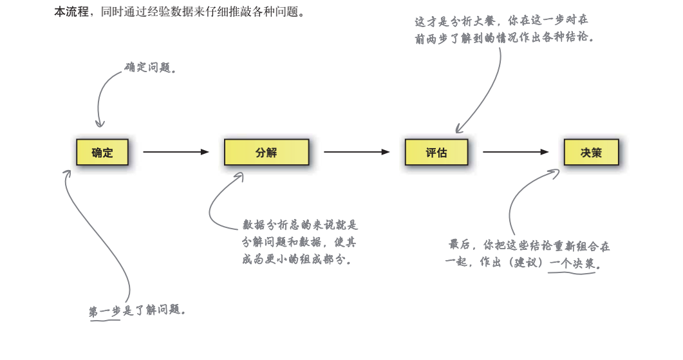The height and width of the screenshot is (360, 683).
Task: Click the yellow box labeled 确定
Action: point(102,153)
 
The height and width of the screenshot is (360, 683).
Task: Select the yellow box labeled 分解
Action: point(266,153)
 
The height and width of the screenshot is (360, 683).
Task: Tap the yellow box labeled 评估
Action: point(436,153)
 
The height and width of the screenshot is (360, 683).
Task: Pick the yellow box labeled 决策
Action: point(591,153)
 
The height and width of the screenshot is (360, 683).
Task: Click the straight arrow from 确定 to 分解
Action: point(176,152)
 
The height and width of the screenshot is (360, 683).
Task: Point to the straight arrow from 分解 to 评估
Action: point(357,152)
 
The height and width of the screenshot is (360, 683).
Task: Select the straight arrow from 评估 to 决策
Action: point(516,152)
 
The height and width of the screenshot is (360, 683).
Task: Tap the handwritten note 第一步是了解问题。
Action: point(138,310)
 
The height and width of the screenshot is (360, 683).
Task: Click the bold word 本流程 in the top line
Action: point(71,12)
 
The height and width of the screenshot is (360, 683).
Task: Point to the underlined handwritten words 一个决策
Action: point(572,264)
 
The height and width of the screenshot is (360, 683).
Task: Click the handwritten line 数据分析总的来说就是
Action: point(300,225)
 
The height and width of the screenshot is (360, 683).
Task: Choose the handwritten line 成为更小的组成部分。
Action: point(297,260)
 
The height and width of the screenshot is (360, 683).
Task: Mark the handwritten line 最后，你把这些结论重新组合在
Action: point(529,246)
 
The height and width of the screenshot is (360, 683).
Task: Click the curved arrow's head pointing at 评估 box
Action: point(458,129)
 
